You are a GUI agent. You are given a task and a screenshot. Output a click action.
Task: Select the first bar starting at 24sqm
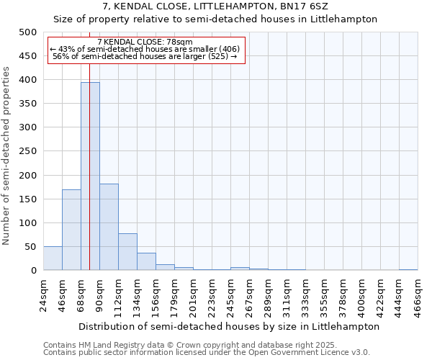click(x=53, y=258)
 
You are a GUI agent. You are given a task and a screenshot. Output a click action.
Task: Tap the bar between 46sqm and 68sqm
click(x=71, y=230)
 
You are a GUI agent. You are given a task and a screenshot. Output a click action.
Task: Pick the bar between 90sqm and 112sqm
click(x=109, y=227)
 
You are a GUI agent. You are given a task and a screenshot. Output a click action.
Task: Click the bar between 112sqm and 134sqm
click(x=127, y=252)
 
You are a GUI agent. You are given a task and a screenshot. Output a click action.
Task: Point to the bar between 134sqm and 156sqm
click(x=146, y=262)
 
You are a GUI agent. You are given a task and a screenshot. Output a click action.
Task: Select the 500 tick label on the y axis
click(x=28, y=32)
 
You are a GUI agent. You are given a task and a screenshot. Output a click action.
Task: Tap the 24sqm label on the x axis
click(x=43, y=294)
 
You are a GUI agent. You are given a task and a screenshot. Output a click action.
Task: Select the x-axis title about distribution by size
click(x=229, y=326)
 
